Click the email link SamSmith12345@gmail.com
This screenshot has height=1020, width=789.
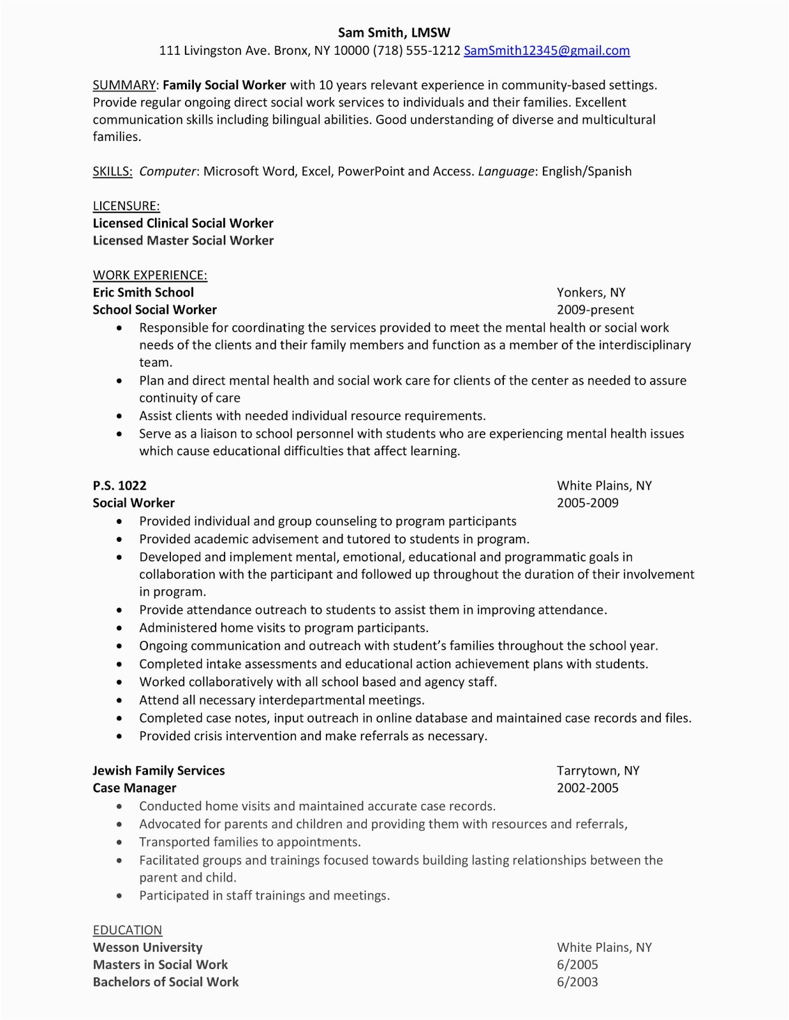point(547,51)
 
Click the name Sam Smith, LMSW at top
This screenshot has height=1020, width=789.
point(394,33)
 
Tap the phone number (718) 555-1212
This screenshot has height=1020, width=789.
point(417,51)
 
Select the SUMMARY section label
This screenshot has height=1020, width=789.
point(124,85)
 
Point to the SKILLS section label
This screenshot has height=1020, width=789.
point(112,171)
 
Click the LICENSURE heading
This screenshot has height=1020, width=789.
point(126,206)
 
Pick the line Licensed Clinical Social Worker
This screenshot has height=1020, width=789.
point(183,223)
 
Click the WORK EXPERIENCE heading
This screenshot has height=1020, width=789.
point(150,275)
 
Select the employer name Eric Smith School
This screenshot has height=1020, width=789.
point(144,293)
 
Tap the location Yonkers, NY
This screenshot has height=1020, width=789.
point(591,293)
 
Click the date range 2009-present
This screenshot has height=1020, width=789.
point(595,310)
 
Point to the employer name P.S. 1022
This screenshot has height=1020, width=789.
point(120,486)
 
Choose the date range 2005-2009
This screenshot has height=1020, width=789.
point(587,503)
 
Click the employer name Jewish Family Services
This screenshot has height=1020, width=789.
point(159,771)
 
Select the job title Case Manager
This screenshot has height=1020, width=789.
point(135,788)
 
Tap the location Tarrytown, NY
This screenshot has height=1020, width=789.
point(598,771)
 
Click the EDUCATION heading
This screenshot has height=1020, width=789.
point(128,930)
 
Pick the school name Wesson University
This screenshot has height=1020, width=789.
point(148,947)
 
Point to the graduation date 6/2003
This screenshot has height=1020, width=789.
point(577,982)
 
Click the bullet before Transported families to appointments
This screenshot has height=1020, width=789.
point(119,843)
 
